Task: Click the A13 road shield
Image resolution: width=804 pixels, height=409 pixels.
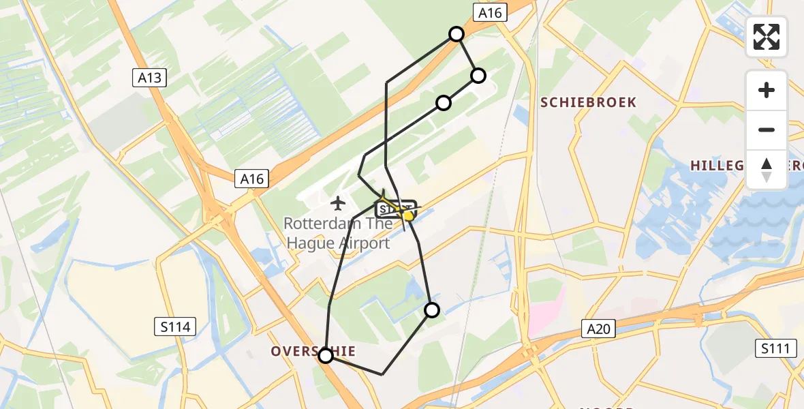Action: [x=149, y=78]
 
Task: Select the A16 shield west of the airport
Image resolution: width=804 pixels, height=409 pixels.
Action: [x=251, y=179]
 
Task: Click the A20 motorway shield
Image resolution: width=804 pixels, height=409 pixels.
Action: [x=599, y=329]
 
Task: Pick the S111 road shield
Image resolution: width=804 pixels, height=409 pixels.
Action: [x=776, y=349]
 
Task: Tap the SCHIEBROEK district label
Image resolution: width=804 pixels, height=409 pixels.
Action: [x=589, y=102]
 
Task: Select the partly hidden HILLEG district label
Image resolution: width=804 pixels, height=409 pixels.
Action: [x=715, y=166]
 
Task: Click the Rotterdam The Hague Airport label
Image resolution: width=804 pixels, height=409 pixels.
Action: [x=337, y=233]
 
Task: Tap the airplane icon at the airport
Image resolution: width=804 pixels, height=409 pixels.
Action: [x=337, y=202]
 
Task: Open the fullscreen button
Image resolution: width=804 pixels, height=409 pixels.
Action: [x=767, y=37]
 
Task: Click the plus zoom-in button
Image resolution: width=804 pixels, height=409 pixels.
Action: [x=767, y=90]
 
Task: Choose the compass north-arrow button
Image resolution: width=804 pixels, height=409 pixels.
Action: [x=767, y=169]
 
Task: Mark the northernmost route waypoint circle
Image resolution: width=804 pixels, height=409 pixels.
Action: [x=457, y=34]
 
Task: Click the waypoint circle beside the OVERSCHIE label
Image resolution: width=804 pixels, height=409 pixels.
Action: [x=326, y=355]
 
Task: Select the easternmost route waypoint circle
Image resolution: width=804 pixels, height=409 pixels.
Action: [x=478, y=76]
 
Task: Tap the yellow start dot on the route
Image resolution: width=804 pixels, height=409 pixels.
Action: [x=407, y=216]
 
